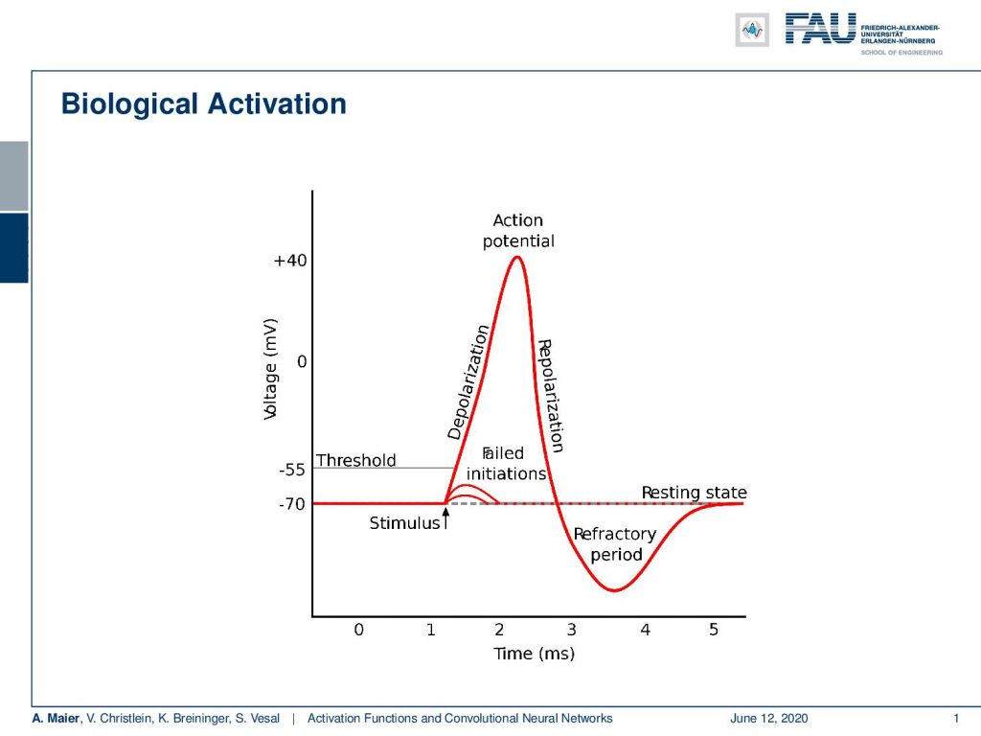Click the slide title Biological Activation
coord(203,103)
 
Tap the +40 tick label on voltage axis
coord(289,261)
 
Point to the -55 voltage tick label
coord(291,470)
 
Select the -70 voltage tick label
coord(291,504)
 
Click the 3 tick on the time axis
coord(571,629)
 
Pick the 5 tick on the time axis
coord(713,629)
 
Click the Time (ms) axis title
coord(534,654)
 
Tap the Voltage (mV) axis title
coord(269,369)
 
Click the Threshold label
coord(356,460)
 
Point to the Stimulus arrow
coord(445,518)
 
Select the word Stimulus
coord(405,523)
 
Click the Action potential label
coord(518,231)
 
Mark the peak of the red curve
coord(517,257)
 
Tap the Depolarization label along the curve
coord(468,382)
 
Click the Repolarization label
coord(551,396)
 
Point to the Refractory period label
coord(615,544)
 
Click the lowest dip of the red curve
coord(615,590)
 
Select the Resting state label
coord(694,493)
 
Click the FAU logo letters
coord(820,29)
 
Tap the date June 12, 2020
coord(769,719)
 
